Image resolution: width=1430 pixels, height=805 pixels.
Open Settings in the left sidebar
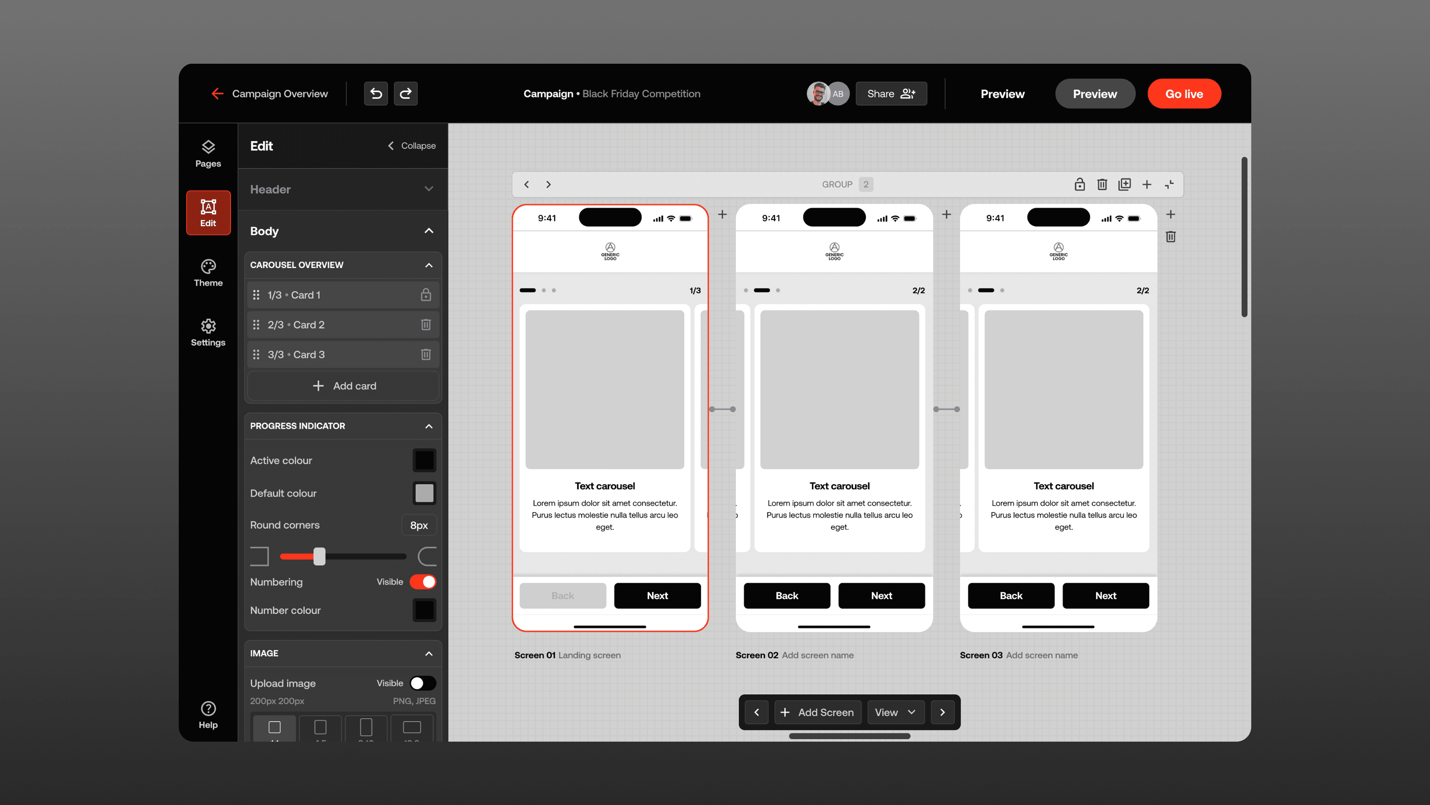click(x=208, y=332)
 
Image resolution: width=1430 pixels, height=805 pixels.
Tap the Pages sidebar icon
click(x=208, y=153)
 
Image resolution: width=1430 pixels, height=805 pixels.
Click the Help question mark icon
click(x=208, y=708)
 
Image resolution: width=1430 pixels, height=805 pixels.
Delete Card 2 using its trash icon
click(x=426, y=325)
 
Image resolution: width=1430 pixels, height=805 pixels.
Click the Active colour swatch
click(x=424, y=460)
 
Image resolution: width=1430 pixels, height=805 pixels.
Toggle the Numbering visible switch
click(x=423, y=582)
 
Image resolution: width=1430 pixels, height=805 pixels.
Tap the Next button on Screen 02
click(x=881, y=596)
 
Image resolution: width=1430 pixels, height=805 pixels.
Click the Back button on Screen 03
click(x=1011, y=596)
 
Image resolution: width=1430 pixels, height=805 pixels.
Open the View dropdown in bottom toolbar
click(x=895, y=712)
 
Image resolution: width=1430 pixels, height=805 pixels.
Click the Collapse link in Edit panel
click(x=411, y=146)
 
